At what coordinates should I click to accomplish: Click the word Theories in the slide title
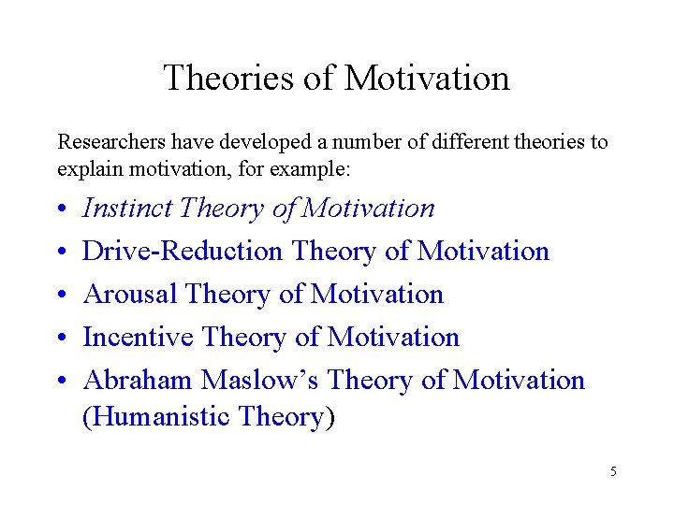coord(229,78)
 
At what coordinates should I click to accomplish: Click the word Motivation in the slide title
coord(427,78)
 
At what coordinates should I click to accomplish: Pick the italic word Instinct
coord(128,208)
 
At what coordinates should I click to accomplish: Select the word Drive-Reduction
coord(183,251)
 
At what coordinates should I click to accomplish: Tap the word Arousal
coord(130,294)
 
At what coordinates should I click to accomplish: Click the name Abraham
coord(139,380)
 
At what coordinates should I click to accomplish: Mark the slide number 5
coord(613,471)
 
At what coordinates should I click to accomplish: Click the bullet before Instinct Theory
coord(61,209)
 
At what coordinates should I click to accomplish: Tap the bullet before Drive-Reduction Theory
coord(61,252)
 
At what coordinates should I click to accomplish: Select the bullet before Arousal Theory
coord(61,296)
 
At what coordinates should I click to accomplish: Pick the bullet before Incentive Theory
coord(61,339)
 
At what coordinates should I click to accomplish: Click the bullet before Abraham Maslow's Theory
coord(61,382)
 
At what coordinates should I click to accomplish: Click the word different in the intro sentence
coord(462,142)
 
